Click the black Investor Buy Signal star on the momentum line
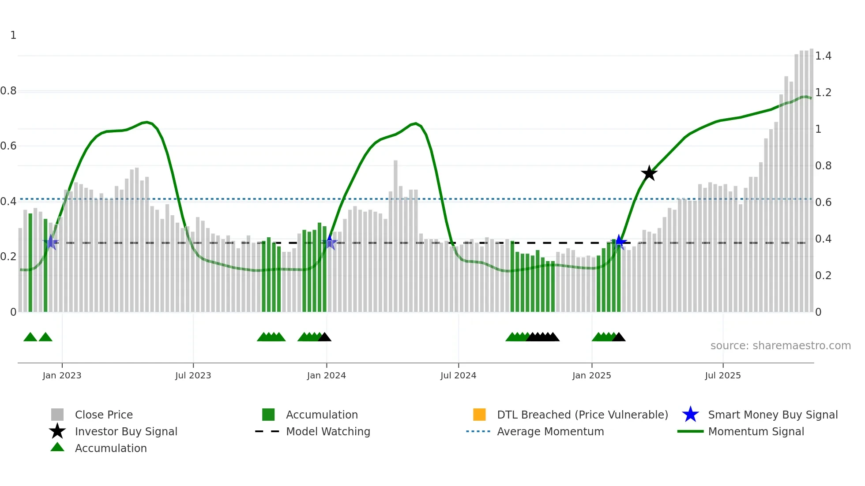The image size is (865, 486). pos(649,173)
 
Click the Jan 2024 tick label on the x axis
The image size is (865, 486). pos(326,375)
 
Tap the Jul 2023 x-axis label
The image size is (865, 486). pos(193,375)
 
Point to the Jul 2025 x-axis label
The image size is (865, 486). pos(722,375)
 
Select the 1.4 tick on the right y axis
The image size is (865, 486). pos(823,56)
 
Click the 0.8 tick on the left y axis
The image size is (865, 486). pos(8,91)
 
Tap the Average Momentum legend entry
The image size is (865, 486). pos(550,431)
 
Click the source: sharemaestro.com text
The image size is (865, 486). pos(780,346)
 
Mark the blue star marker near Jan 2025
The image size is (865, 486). pos(620,242)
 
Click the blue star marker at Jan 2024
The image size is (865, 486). pos(329,242)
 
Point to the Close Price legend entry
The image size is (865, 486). pos(104,415)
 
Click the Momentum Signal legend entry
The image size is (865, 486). pos(756,431)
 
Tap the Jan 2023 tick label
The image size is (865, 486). pos(62,375)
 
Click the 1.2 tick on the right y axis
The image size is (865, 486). pos(823,93)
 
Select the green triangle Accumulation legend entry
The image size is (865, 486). pos(110,448)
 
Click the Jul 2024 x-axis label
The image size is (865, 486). pos(458,375)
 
